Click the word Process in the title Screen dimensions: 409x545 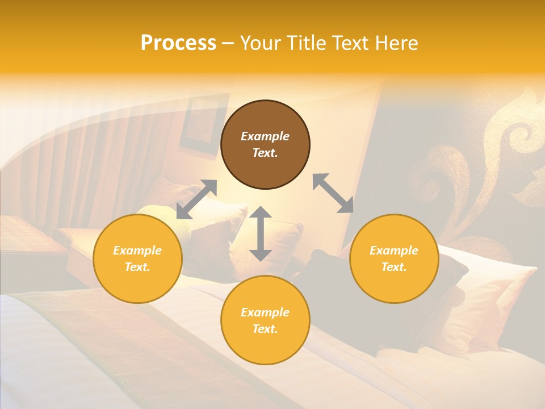pyautogui.click(x=178, y=43)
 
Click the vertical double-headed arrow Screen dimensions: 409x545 pyautogui.click(x=261, y=233)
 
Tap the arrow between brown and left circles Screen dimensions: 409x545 pyautogui.click(x=196, y=199)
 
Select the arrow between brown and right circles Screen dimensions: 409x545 pyautogui.click(x=333, y=193)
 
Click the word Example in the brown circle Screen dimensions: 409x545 pyautogui.click(x=265, y=136)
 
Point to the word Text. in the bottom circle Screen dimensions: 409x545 pyautogui.click(x=265, y=329)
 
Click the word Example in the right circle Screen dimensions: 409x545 pyautogui.click(x=394, y=251)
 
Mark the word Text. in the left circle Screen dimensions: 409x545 pyautogui.click(x=137, y=267)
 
